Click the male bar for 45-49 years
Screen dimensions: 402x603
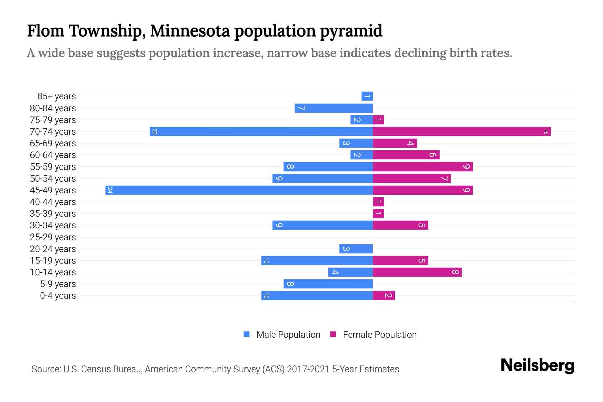point(239,190)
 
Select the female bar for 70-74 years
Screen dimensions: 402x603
point(462,131)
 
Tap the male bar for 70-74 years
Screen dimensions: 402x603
point(261,131)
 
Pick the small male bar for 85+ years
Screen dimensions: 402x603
point(367,96)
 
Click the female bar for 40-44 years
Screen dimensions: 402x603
point(378,202)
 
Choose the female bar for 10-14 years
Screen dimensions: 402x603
point(417,272)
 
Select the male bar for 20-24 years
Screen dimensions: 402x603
point(356,249)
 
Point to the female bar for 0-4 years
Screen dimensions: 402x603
point(384,295)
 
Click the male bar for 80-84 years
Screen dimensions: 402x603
point(334,108)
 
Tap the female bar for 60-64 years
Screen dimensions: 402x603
point(406,155)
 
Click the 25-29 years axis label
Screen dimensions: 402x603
point(53,237)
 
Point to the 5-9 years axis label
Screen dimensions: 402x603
point(58,284)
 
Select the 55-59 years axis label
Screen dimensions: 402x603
point(53,167)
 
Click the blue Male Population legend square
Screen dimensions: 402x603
point(247,334)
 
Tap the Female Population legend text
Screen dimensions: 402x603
point(380,334)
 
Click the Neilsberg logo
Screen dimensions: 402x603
point(537,365)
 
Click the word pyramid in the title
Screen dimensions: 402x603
point(351,31)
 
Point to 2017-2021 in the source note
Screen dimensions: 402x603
point(308,369)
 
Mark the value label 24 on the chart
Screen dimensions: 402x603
point(110,190)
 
